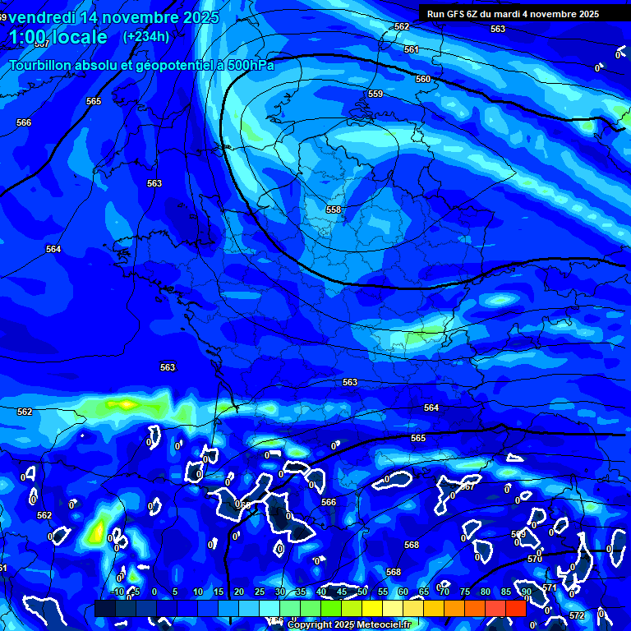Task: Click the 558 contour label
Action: [333, 210]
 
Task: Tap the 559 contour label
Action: [375, 94]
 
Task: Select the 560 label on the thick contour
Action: [422, 79]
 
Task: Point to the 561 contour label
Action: [412, 49]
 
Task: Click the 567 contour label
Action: [467, 486]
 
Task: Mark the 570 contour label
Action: [534, 559]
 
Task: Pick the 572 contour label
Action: [576, 615]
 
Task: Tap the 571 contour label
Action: [550, 588]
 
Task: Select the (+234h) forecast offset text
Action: [146, 36]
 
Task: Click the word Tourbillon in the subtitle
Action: [44, 65]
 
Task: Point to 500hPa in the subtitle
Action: [247, 65]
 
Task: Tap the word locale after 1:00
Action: [78, 37]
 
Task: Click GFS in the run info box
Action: [456, 14]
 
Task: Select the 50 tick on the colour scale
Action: [362, 592]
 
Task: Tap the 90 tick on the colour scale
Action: [527, 592]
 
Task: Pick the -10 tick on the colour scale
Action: [117, 592]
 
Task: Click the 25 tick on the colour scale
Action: [260, 592]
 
